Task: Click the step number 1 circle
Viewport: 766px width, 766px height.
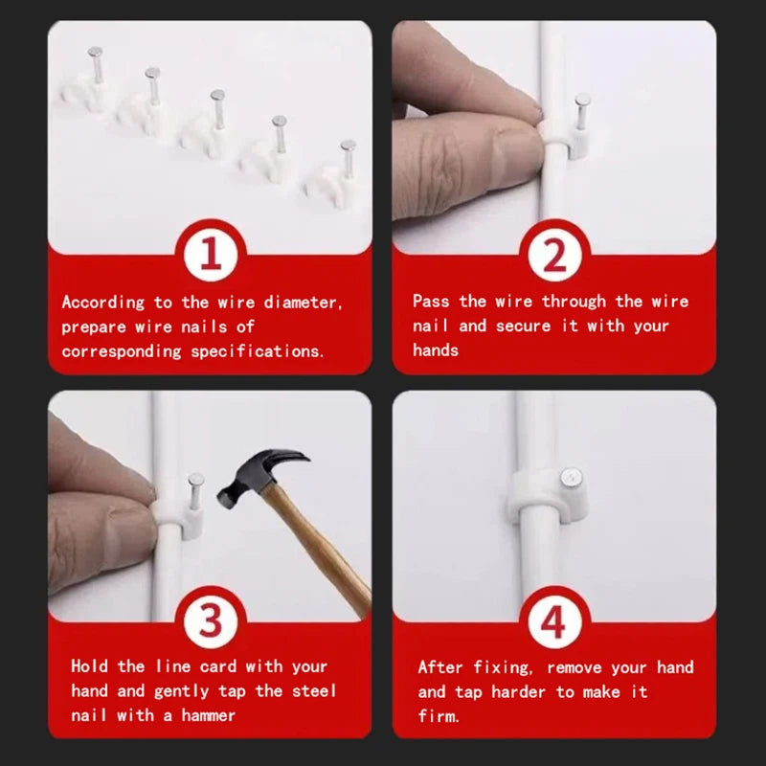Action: [x=211, y=256]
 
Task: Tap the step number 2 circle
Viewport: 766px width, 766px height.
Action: [x=555, y=256]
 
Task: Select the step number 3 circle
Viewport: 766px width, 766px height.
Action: [x=211, y=623]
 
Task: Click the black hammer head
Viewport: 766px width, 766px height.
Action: [x=257, y=476]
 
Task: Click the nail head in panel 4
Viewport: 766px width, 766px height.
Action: [x=571, y=476]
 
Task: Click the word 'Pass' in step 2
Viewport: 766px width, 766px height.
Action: [x=431, y=302]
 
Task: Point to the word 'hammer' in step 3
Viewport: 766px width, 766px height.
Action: [x=207, y=715]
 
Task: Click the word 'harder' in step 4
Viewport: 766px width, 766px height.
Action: [x=522, y=691]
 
